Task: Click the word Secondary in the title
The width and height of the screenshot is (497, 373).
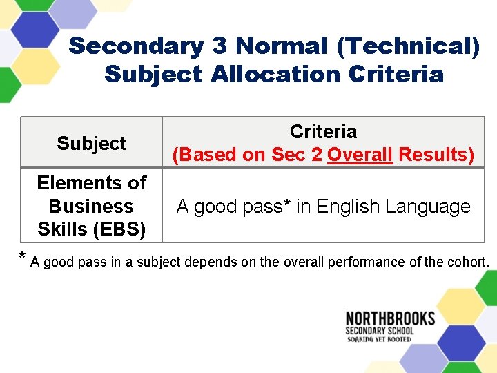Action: (136, 46)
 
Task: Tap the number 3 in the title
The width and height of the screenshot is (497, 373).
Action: (219, 46)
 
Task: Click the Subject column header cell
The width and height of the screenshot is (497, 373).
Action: (92, 143)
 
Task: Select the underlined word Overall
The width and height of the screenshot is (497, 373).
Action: (360, 155)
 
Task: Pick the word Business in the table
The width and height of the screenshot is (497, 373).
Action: (91, 206)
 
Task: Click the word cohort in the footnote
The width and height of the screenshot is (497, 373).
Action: (469, 262)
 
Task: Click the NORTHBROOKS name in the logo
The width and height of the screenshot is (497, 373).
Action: (390, 318)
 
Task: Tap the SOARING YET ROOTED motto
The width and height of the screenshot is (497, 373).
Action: (380, 339)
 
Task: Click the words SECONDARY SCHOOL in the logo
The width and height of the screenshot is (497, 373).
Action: (380, 330)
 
